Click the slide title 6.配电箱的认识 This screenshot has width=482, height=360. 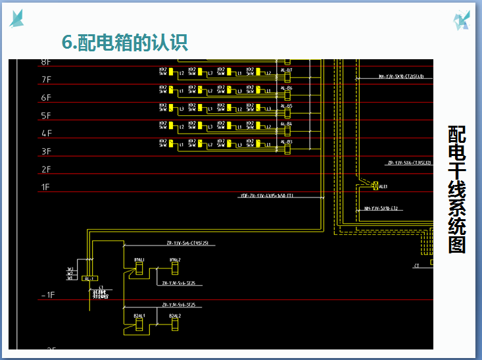click(x=125, y=42)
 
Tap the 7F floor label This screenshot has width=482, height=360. click(x=46, y=80)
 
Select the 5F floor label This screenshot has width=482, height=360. click(x=46, y=116)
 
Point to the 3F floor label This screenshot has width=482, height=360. click(x=46, y=151)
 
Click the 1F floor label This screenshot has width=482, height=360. click(x=46, y=187)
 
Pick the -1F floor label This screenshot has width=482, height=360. click(x=47, y=296)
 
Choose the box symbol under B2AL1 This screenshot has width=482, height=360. click(x=139, y=324)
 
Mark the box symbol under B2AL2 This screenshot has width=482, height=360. click(x=174, y=324)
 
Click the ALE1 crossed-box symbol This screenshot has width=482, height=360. click(x=375, y=186)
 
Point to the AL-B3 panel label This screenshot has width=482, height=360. click(x=287, y=141)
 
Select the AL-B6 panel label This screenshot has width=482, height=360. click(x=287, y=88)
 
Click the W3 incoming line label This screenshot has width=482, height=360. click(x=70, y=269)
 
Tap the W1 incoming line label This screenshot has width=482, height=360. click(x=70, y=278)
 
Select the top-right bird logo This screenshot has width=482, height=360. click(x=462, y=20)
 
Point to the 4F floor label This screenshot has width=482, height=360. click(x=46, y=134)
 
